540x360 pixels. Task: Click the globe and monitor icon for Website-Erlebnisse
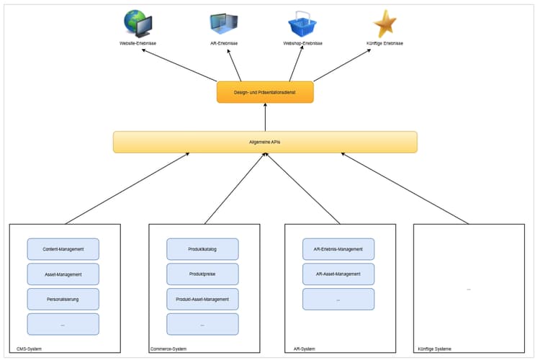138,23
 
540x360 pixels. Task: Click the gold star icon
384,23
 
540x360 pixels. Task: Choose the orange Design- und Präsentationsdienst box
265,92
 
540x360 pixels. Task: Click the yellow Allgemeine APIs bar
265,142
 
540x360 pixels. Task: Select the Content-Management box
63,249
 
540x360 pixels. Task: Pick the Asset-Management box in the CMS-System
63,274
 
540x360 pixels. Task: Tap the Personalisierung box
63,299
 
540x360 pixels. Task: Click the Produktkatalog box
202,249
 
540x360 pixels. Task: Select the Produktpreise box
202,274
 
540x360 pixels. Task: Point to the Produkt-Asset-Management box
202,299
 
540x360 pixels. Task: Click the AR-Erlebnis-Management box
338,249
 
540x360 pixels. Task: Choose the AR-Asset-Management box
338,274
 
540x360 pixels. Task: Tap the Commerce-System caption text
168,348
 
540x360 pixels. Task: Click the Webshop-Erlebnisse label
302,43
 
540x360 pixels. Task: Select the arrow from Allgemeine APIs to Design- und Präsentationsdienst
265,117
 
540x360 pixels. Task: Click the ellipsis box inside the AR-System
338,299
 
